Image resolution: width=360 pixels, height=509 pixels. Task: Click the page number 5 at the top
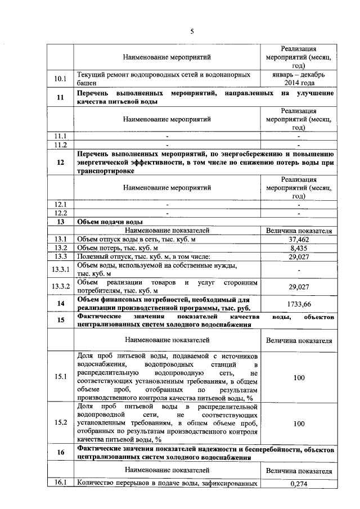(x=191, y=31)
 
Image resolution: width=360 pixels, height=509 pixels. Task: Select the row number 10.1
(x=60, y=78)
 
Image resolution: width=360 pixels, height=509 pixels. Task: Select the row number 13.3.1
(x=60, y=269)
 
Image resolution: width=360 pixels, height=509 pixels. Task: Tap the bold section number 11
(x=60, y=97)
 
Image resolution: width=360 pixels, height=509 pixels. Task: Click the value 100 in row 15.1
(x=299, y=378)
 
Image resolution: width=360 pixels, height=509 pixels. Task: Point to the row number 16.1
(x=60, y=483)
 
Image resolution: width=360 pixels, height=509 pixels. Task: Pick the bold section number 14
(x=60, y=304)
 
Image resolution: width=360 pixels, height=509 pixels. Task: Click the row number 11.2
(x=60, y=145)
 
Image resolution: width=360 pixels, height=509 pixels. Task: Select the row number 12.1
(x=60, y=204)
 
